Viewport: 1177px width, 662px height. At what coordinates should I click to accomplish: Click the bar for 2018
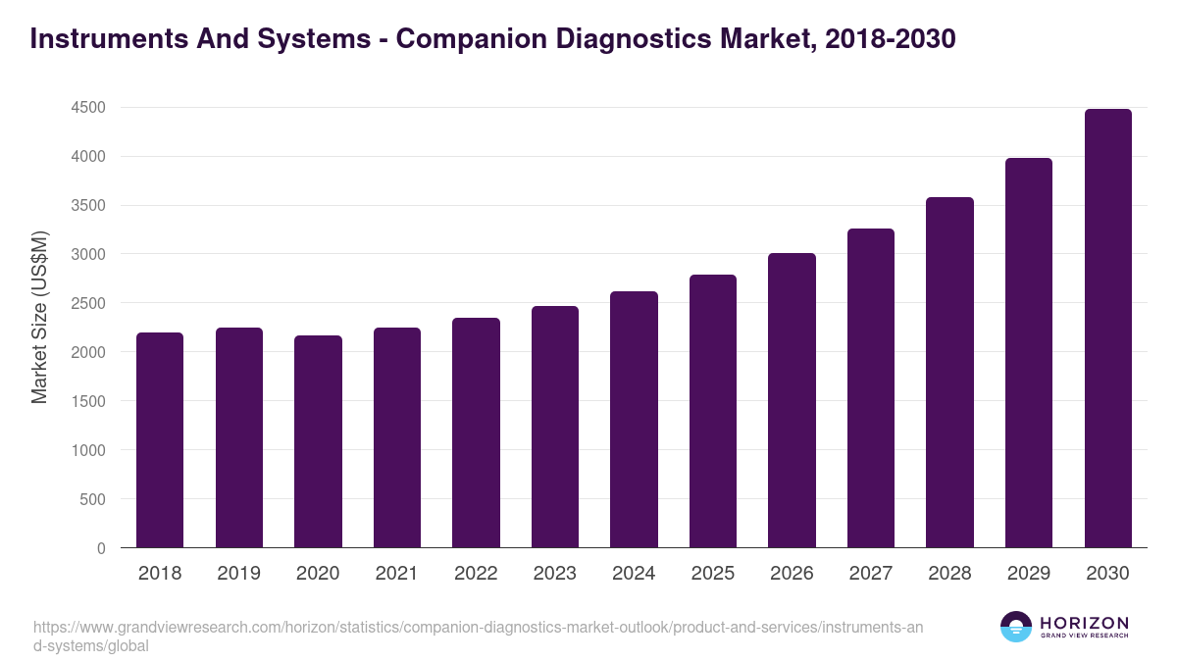[x=160, y=440]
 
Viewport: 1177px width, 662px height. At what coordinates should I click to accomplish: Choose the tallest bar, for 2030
[x=1107, y=329]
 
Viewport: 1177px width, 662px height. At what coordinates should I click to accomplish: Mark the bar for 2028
[x=949, y=373]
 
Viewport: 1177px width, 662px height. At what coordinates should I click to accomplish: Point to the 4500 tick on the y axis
[x=88, y=107]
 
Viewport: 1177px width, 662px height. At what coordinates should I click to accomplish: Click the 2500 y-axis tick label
[x=88, y=303]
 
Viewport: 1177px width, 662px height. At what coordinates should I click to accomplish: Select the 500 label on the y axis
[x=93, y=499]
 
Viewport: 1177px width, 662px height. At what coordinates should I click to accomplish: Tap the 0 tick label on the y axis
[x=101, y=548]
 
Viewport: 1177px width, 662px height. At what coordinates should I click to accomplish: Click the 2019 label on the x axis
[x=238, y=574]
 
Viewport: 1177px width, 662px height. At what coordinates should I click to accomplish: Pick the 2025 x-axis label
[x=712, y=574]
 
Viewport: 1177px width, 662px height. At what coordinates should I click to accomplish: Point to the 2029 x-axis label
[x=1028, y=574]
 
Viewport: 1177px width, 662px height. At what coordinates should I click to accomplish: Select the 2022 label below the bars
[x=476, y=574]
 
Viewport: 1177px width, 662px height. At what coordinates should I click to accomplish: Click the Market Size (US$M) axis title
[x=39, y=317]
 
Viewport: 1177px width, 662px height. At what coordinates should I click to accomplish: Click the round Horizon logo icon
[x=1015, y=628]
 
